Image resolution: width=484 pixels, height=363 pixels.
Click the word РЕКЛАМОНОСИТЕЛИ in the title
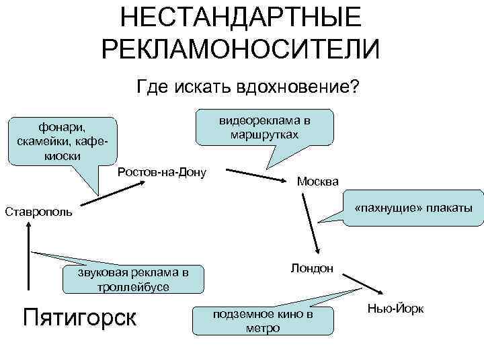click(241, 49)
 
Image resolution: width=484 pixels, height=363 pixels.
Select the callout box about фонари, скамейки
click(61, 140)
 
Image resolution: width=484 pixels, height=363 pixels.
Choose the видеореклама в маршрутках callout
click(264, 127)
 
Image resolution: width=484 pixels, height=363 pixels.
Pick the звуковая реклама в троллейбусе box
click(132, 279)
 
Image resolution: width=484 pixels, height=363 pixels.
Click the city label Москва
click(318, 182)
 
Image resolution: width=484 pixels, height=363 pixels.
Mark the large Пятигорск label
click(79, 315)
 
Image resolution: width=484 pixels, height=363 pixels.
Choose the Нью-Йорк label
click(401, 308)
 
